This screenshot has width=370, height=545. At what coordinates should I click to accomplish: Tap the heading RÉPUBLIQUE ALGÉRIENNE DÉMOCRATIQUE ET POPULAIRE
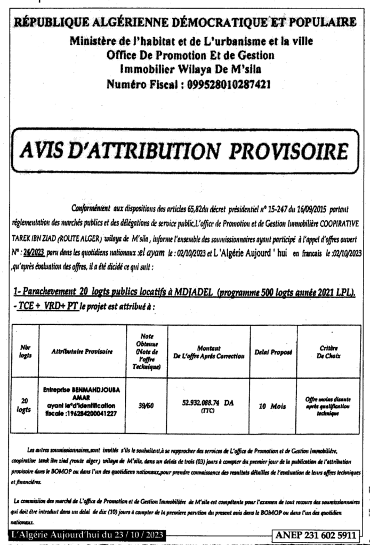click(185, 22)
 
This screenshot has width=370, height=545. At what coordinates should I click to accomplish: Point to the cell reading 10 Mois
click(272, 406)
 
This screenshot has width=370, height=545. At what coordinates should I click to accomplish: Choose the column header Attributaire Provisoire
click(82, 351)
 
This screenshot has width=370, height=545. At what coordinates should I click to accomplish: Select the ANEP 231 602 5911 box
click(319, 534)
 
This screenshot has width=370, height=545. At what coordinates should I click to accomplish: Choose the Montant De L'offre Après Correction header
click(208, 351)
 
